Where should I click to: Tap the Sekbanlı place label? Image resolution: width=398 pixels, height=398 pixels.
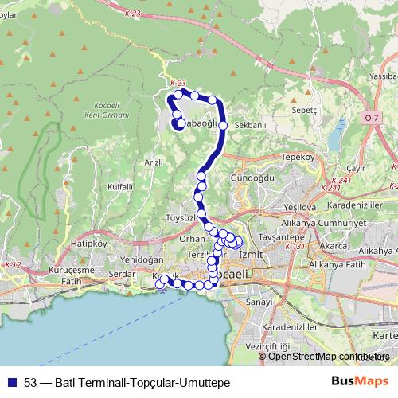tap(249, 126)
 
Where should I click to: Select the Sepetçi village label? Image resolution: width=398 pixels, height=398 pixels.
tap(305, 110)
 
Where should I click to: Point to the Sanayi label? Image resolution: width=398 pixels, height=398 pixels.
tap(259, 303)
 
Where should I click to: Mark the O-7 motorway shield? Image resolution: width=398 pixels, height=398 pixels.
tap(372, 117)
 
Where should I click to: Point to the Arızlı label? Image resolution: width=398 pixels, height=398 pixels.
tap(153, 162)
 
